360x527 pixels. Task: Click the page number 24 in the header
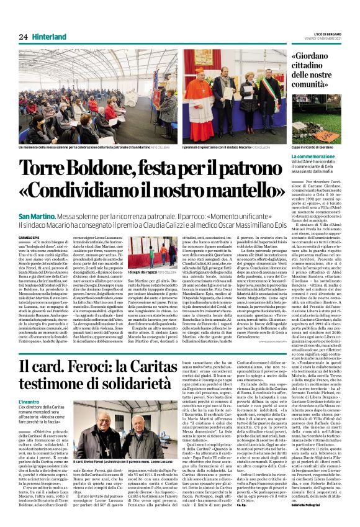(x=24, y=37)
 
